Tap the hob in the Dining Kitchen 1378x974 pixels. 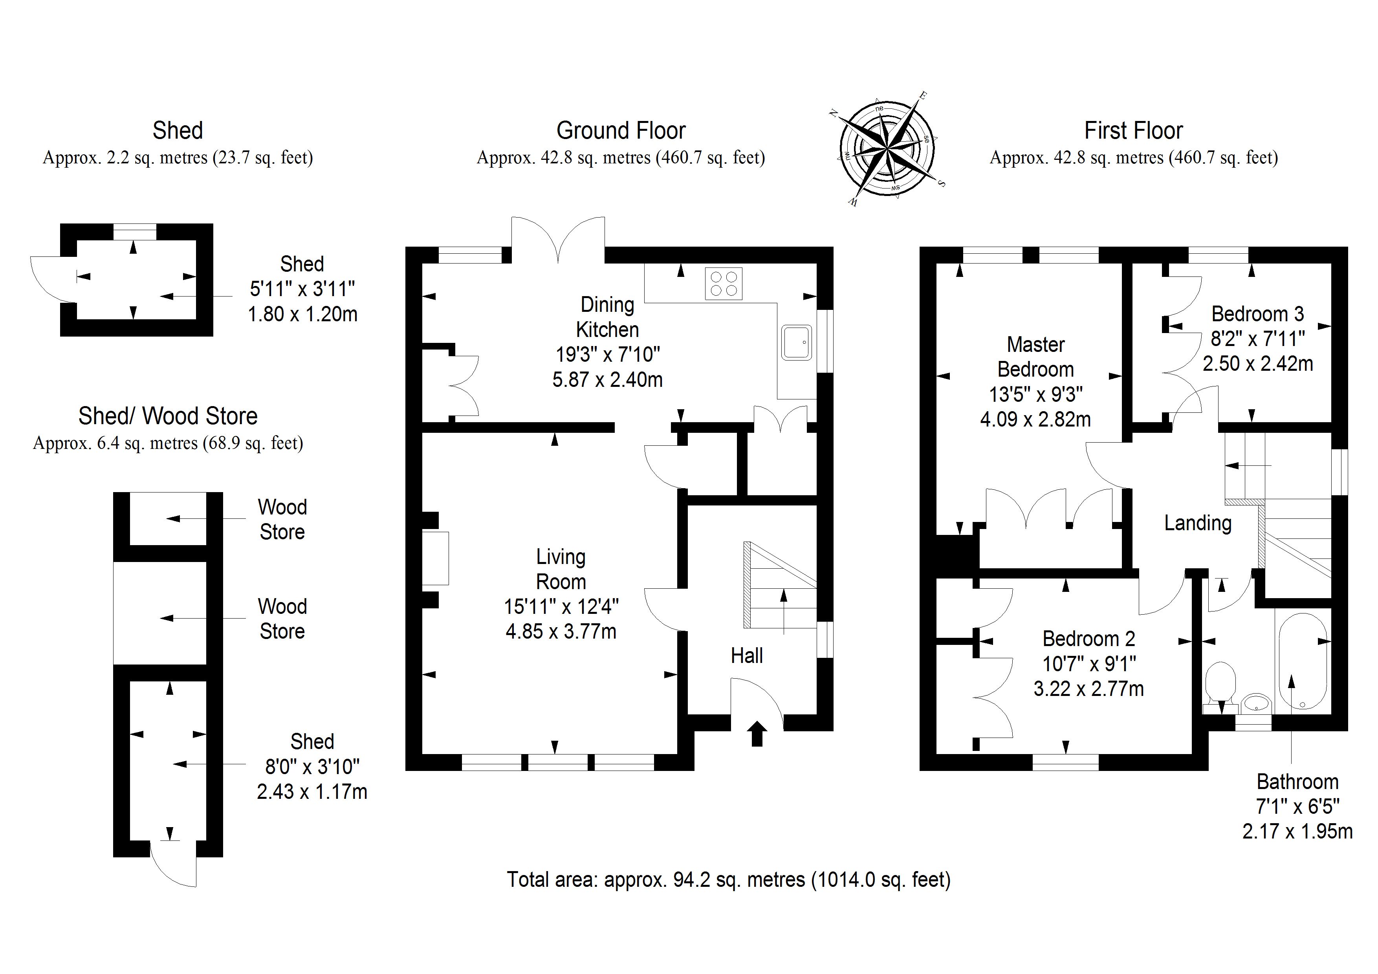(x=723, y=283)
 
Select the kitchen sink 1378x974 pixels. (x=796, y=343)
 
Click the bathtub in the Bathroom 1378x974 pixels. (x=1302, y=661)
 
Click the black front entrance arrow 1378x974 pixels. (x=757, y=733)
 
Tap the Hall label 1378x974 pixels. (x=747, y=656)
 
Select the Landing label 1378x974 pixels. (x=1197, y=523)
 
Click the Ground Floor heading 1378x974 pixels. (x=621, y=130)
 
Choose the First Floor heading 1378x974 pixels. (x=1133, y=130)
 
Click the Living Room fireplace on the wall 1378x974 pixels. (x=436, y=558)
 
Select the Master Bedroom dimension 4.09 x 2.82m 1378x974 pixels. (x=1035, y=419)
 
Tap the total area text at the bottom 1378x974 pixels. (x=729, y=879)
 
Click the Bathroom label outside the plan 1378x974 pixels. (x=1297, y=782)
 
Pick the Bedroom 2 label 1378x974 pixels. (x=1088, y=639)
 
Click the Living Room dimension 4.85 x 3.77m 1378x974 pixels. (x=561, y=631)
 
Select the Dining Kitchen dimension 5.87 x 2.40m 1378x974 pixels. (x=607, y=379)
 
